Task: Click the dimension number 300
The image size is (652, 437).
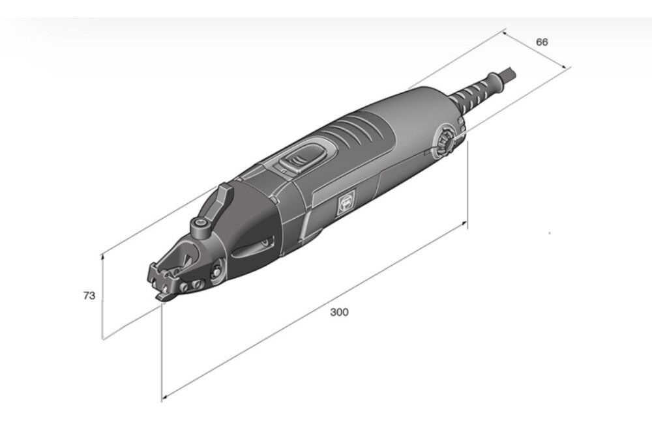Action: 339,311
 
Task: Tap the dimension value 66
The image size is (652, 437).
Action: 542,42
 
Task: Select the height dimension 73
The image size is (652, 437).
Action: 89,296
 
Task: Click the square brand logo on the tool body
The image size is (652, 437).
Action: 346,203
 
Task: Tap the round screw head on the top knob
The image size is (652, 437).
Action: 200,223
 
